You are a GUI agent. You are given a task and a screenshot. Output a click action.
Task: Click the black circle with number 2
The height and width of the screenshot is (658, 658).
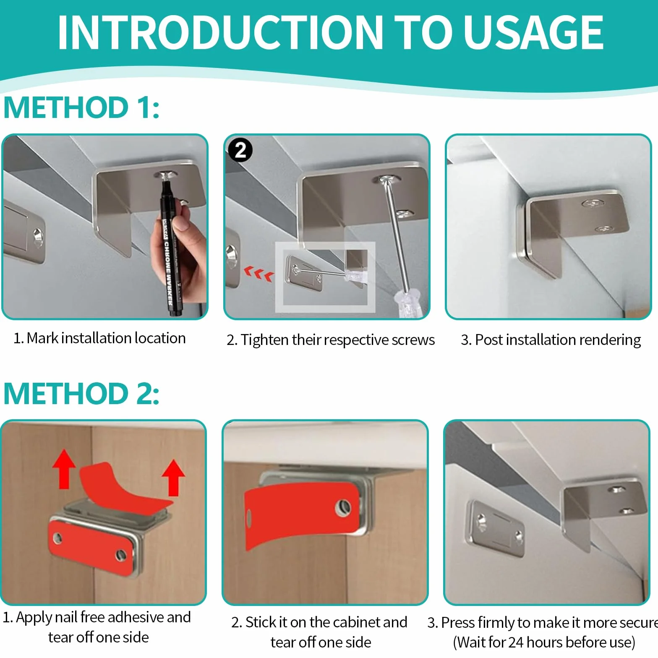(240, 150)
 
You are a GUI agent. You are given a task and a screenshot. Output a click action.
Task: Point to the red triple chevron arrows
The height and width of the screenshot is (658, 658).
(259, 274)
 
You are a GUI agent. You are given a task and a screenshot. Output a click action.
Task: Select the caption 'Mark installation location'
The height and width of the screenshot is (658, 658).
(106, 338)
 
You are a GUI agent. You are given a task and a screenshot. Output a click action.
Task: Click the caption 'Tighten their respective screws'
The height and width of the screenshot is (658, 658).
(338, 340)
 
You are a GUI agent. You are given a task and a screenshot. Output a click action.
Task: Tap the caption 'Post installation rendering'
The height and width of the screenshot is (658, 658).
(558, 340)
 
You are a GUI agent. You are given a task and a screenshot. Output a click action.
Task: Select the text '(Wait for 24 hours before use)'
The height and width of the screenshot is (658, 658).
(544, 642)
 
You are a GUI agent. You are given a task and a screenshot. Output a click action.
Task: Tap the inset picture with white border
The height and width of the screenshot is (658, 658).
(325, 277)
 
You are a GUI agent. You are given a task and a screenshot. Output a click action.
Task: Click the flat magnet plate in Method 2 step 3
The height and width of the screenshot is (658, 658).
(496, 528)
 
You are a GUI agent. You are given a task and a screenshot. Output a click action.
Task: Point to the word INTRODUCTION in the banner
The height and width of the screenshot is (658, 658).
(220, 32)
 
